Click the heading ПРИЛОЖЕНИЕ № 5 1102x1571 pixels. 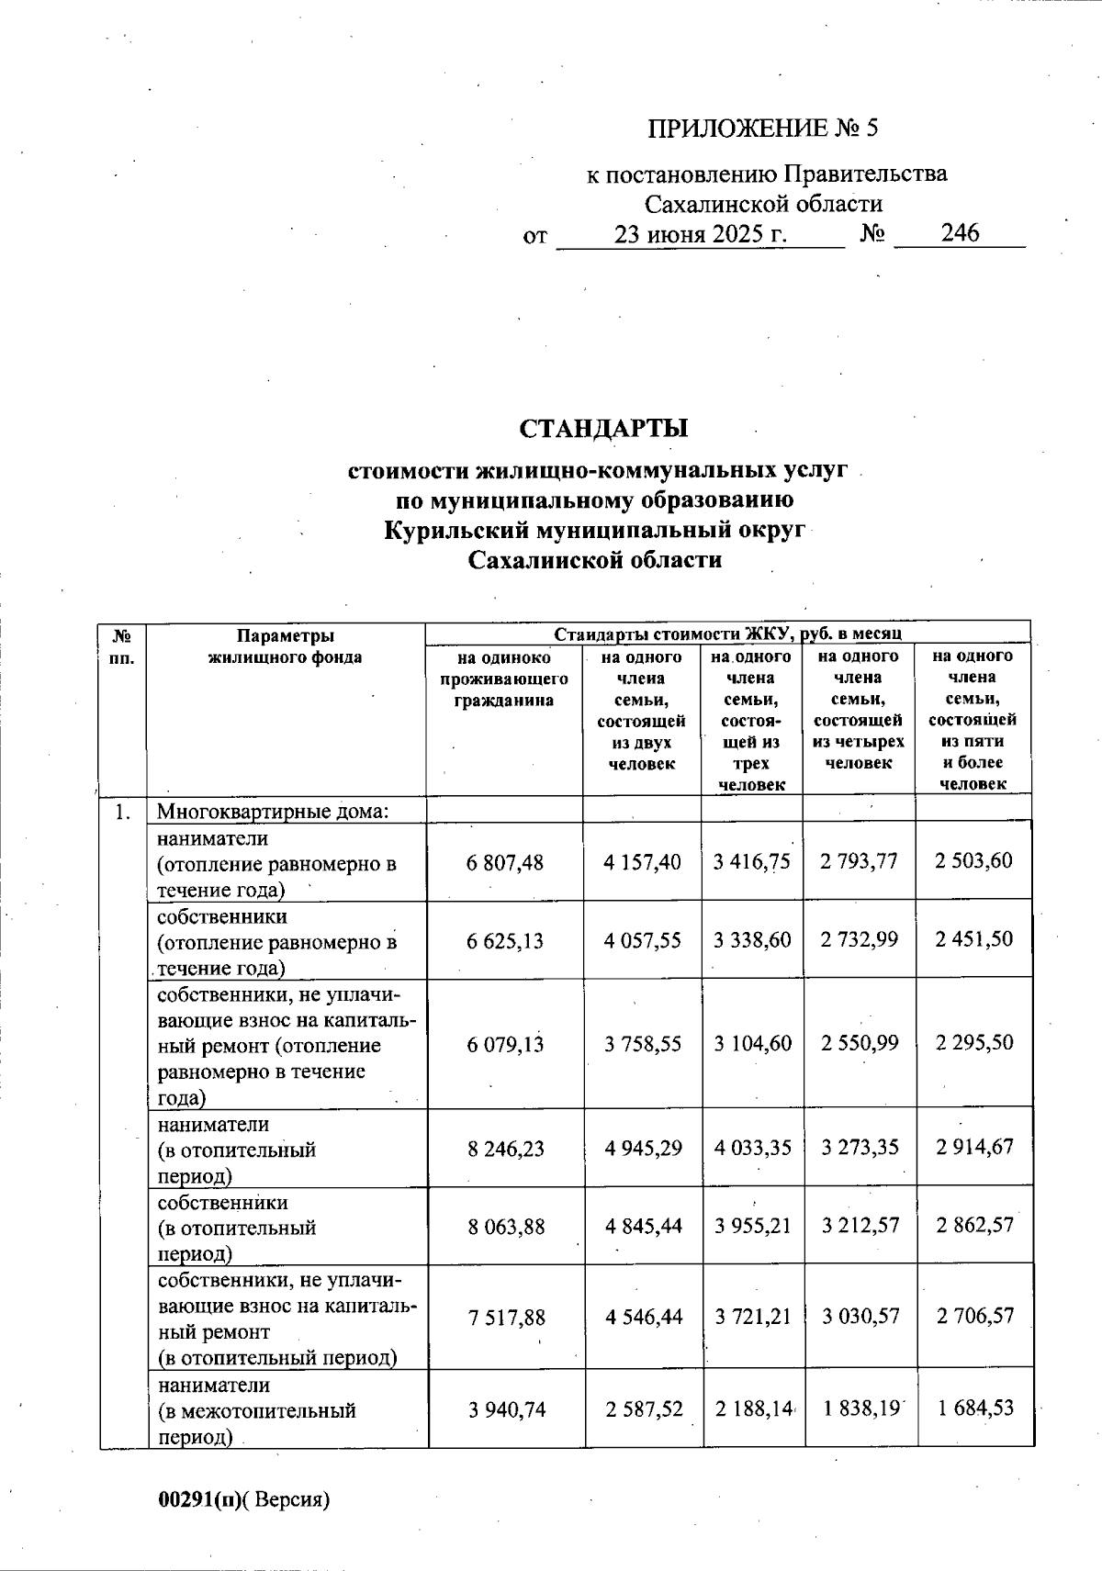[762, 128]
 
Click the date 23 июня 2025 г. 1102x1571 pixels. [701, 233]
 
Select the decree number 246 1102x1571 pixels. [960, 233]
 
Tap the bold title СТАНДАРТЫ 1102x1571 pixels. [603, 429]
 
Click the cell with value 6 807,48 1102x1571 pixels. [505, 862]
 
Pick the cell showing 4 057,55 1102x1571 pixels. [643, 940]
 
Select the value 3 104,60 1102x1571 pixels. [753, 1044]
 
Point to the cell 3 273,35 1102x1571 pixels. [860, 1148]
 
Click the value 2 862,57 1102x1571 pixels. [974, 1226]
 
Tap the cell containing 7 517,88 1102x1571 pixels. [506, 1318]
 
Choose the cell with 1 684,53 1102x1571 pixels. [974, 1408]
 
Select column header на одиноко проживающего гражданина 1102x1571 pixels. [503, 679]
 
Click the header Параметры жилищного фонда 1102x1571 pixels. [285, 646]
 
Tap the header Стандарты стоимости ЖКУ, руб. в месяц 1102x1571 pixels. [727, 634]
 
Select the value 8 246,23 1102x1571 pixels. [505, 1148]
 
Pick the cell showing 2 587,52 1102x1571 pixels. [643, 1408]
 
